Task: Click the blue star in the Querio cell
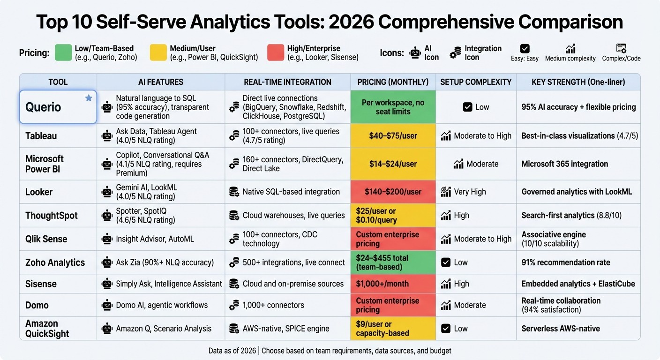tap(89, 98)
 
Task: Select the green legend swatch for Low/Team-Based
tap(63, 53)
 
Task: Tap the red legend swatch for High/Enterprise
tap(275, 53)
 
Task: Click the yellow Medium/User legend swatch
tap(158, 53)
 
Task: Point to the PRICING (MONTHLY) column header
tap(393, 82)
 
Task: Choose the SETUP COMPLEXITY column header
tap(476, 82)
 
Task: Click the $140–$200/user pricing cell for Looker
tap(393, 192)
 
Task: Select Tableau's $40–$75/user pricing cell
tap(393, 136)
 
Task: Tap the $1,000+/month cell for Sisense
tap(382, 284)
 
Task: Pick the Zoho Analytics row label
tap(55, 262)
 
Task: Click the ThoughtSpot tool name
tap(52, 216)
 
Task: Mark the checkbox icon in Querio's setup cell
tap(467, 107)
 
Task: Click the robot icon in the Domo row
tap(107, 305)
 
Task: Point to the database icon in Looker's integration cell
tap(233, 192)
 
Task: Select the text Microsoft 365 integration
tap(564, 164)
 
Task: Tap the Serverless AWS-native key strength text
tap(561, 329)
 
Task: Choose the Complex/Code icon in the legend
tap(621, 48)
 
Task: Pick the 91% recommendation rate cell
tap(566, 262)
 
